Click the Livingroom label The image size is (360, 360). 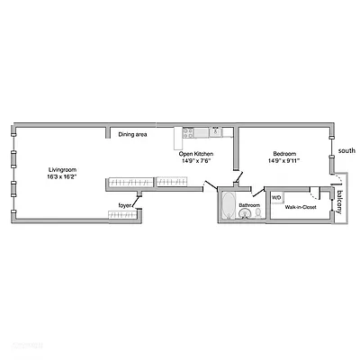(x=61, y=169)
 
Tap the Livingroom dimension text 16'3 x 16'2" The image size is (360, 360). (x=61, y=177)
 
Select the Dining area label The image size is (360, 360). (x=133, y=135)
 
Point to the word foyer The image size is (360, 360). (x=126, y=205)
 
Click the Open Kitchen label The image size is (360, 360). (x=196, y=154)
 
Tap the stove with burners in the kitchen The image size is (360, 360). (x=188, y=132)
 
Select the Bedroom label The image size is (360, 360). (x=285, y=154)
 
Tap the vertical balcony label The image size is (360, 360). (x=340, y=200)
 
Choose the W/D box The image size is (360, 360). (x=276, y=197)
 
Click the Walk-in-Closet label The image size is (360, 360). (x=300, y=207)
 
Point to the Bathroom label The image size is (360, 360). (x=249, y=206)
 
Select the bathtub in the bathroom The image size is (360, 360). (x=228, y=205)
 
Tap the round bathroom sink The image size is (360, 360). (x=242, y=216)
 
